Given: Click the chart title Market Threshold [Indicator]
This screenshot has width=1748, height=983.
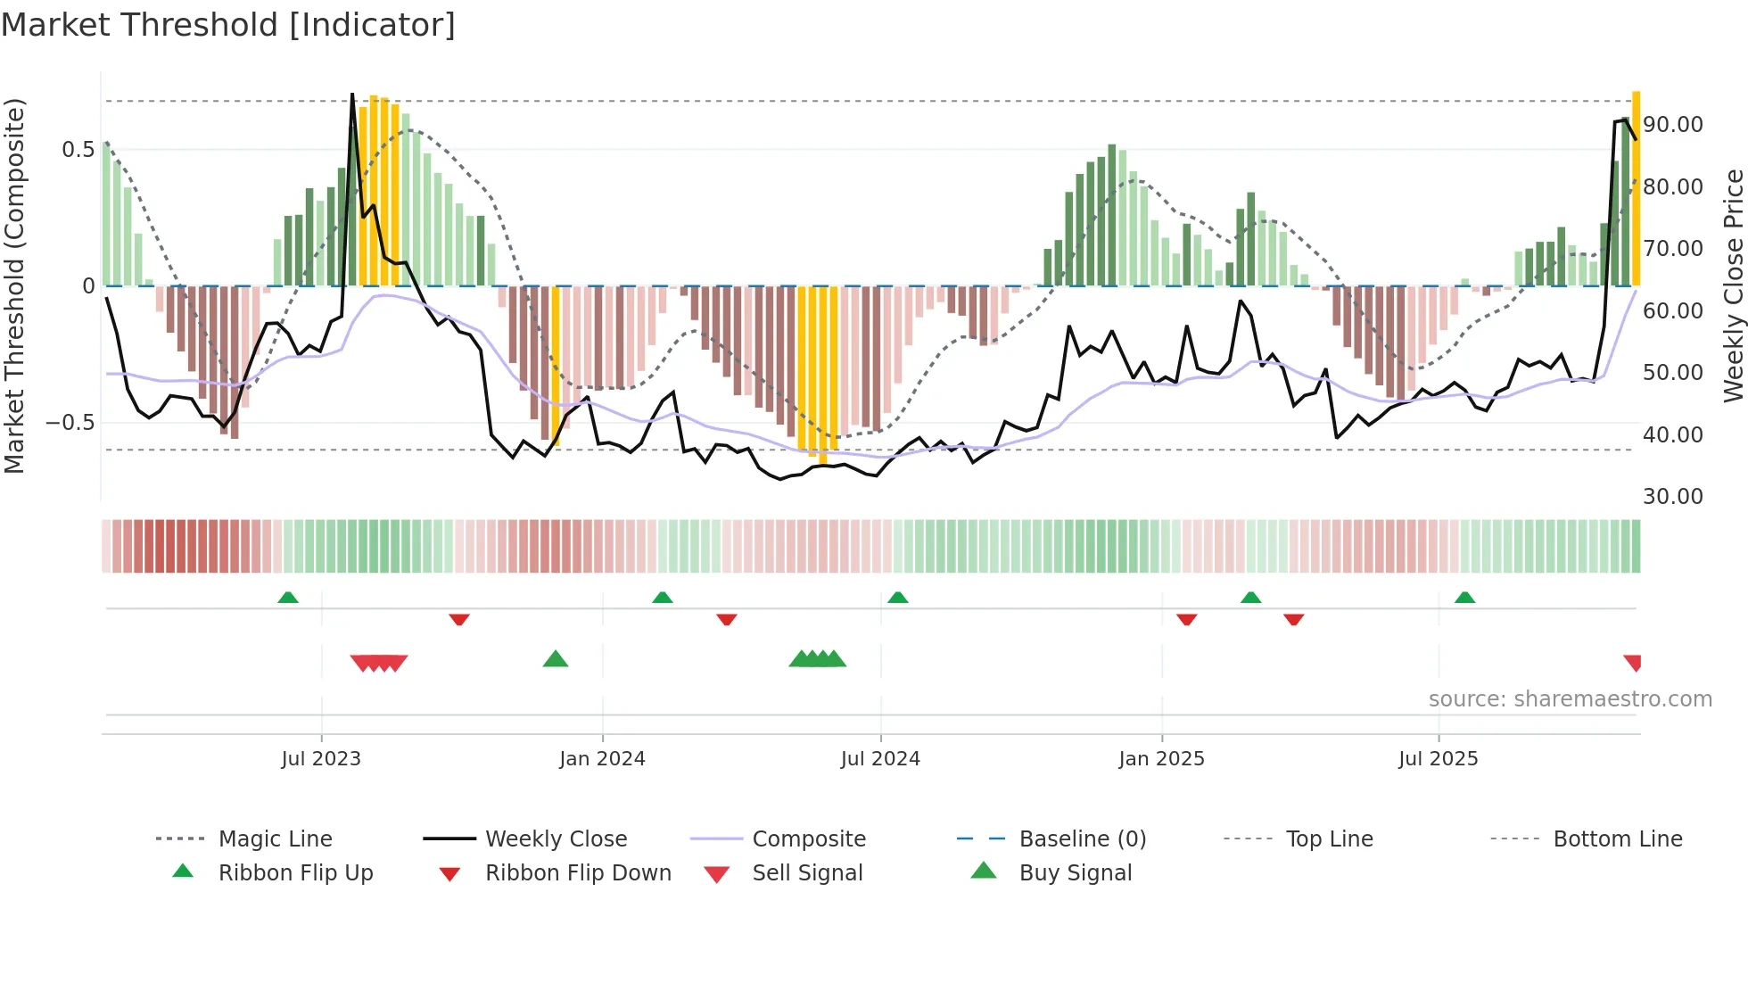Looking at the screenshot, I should [x=228, y=25].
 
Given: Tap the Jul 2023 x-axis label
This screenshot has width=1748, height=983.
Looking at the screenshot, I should [x=321, y=759].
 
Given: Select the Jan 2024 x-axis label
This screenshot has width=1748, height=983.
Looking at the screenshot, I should [x=602, y=759].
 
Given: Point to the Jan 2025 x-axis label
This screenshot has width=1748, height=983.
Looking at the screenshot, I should [x=1161, y=759].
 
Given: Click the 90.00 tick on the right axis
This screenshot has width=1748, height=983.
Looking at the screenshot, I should [x=1673, y=125].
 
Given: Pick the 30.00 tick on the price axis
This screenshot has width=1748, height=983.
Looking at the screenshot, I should [x=1673, y=497].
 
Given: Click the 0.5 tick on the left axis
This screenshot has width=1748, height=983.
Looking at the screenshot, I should [x=78, y=150].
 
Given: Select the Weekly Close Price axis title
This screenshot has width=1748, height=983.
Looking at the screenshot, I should [x=1733, y=285].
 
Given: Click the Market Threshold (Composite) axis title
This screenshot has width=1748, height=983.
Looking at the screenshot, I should [x=14, y=285].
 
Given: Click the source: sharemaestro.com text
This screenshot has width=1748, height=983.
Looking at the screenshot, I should [x=1570, y=699].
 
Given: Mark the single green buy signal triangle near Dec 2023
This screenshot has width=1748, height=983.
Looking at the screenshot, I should [x=556, y=659].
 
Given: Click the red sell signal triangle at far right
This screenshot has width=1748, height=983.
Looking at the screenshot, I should [x=1633, y=663].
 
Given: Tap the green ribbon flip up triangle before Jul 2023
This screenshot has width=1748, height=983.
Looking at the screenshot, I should [x=288, y=598].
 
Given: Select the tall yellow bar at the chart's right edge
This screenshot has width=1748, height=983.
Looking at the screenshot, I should [x=1636, y=187].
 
